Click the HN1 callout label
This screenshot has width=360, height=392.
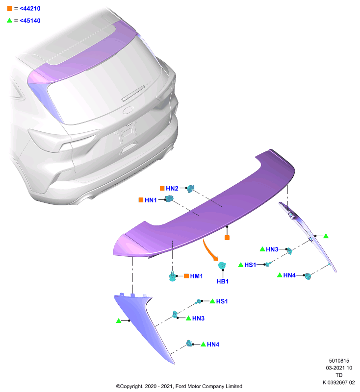[151, 200]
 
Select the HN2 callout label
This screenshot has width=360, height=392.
[172, 188]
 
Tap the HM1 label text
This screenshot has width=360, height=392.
[196, 276]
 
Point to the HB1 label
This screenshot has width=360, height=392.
[222, 281]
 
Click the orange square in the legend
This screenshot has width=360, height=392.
[9, 8]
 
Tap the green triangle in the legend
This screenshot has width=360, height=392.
[9, 20]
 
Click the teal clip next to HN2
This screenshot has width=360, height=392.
[191, 189]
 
